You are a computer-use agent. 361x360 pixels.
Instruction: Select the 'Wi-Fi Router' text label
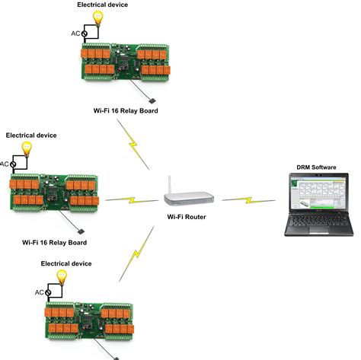click(x=187, y=217)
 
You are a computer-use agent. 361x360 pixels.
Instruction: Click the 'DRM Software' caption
click(x=318, y=166)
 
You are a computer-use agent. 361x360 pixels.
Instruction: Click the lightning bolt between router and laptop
click(x=244, y=201)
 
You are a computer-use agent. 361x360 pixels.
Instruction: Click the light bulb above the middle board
click(x=26, y=148)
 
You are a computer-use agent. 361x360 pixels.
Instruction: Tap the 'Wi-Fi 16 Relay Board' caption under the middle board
click(x=54, y=243)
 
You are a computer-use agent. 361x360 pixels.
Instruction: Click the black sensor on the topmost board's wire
click(x=152, y=100)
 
